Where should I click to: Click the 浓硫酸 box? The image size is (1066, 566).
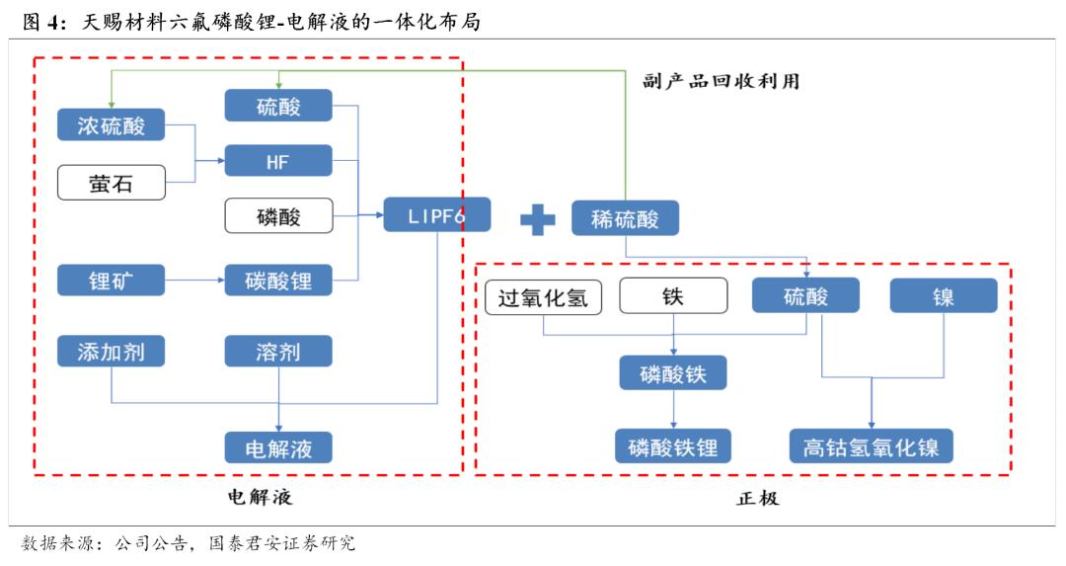[111, 125]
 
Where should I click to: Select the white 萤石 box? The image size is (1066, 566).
[111, 183]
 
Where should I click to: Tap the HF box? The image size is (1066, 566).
[277, 161]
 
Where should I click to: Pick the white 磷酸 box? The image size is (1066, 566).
[277, 216]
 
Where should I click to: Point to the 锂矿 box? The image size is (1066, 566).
[111, 280]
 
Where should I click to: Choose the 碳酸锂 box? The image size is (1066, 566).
[277, 280]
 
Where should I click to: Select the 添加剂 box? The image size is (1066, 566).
[111, 352]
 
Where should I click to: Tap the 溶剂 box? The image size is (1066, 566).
[277, 352]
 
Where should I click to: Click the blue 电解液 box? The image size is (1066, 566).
[277, 447]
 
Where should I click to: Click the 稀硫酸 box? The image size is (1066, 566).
[624, 218]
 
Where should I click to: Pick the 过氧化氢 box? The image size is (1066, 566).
[544, 296]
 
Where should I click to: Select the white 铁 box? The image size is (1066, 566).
[672, 296]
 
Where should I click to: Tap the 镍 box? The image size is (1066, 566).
[943, 296]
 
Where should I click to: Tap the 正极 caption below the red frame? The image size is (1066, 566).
[757, 498]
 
